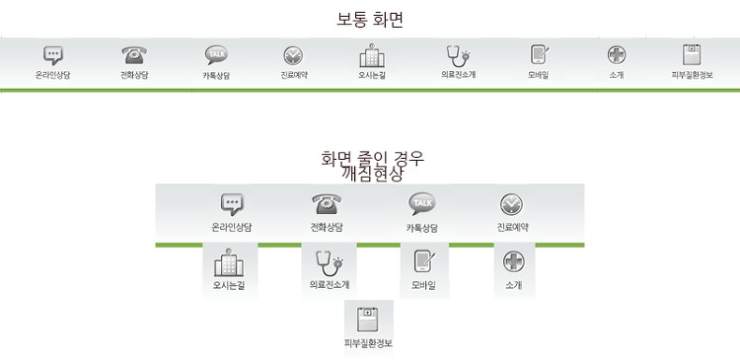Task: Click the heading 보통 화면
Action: (x=370, y=20)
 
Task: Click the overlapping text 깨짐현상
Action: (x=374, y=175)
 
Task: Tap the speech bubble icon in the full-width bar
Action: (x=53, y=55)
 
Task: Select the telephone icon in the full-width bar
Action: (x=134, y=55)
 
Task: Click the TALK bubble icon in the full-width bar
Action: (x=217, y=55)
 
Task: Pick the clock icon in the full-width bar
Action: (x=293, y=55)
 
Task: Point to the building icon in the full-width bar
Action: (x=372, y=55)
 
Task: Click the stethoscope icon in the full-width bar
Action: (x=458, y=56)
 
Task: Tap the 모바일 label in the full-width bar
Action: (x=538, y=75)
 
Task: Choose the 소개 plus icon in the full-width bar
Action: (x=617, y=55)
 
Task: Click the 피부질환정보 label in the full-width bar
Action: (x=692, y=75)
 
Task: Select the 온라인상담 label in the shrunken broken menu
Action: (x=232, y=227)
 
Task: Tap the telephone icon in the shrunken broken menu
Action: (x=327, y=205)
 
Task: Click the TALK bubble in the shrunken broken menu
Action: (x=422, y=204)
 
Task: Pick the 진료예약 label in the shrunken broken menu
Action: (x=512, y=227)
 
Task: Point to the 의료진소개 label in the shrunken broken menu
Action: (x=330, y=285)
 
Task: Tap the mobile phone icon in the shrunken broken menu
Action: (x=424, y=261)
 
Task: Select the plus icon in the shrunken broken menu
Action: (x=513, y=261)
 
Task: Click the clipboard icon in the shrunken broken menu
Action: (x=369, y=320)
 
